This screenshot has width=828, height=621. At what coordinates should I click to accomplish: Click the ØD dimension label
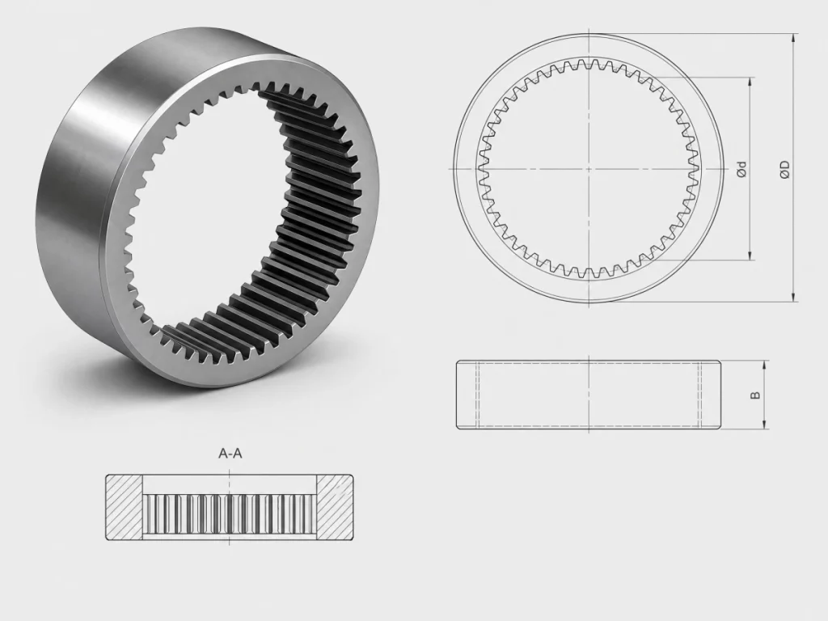(785, 168)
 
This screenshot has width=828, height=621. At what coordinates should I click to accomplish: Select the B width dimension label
(755, 395)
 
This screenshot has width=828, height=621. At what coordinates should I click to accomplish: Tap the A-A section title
(230, 453)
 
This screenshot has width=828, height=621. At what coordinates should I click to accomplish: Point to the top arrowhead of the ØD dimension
(793, 39)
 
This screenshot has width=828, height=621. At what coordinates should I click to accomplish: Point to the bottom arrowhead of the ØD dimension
(793, 298)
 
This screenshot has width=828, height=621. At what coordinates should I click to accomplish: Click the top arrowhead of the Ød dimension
(750, 82)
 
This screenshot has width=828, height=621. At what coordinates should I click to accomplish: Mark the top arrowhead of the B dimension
(764, 366)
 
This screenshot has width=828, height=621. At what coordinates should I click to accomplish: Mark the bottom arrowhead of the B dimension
(764, 424)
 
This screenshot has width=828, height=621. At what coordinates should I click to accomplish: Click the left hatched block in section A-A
(124, 507)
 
